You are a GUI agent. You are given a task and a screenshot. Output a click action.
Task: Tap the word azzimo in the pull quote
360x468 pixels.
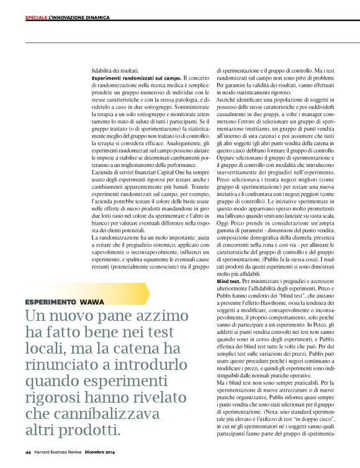coord(168,316)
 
